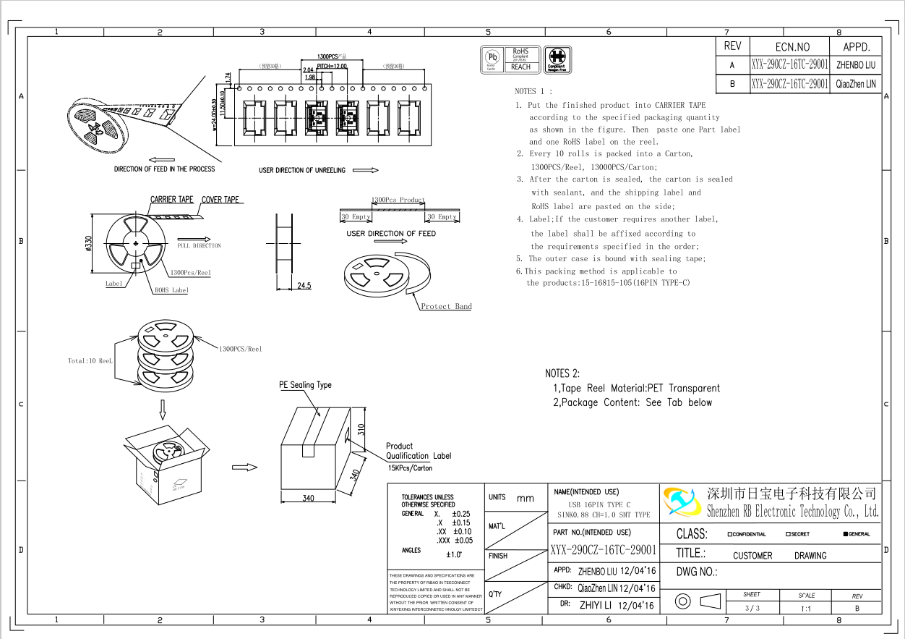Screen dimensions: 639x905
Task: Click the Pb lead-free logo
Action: click(x=492, y=59)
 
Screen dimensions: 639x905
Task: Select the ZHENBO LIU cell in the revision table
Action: click(x=857, y=64)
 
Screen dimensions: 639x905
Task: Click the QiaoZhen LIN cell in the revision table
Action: click(x=857, y=84)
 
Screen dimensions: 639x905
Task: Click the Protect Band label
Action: click(x=446, y=306)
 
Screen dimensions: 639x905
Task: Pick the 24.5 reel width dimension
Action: click(x=304, y=286)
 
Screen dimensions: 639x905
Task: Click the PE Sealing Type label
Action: click(x=305, y=385)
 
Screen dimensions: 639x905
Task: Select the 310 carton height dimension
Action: click(x=361, y=428)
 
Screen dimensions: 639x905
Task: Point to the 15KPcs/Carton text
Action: click(x=410, y=468)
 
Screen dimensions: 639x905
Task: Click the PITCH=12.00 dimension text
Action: click(x=332, y=66)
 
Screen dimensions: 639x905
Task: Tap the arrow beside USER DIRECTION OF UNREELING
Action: click(x=366, y=170)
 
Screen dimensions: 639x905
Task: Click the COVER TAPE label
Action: click(x=220, y=200)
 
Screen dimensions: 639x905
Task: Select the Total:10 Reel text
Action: click(x=90, y=360)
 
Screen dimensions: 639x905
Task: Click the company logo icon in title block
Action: click(x=680, y=502)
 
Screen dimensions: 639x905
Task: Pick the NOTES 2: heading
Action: click(x=562, y=373)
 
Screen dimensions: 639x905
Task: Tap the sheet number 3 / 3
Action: click(x=752, y=608)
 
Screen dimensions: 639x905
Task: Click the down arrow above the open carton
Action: click(x=163, y=410)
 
